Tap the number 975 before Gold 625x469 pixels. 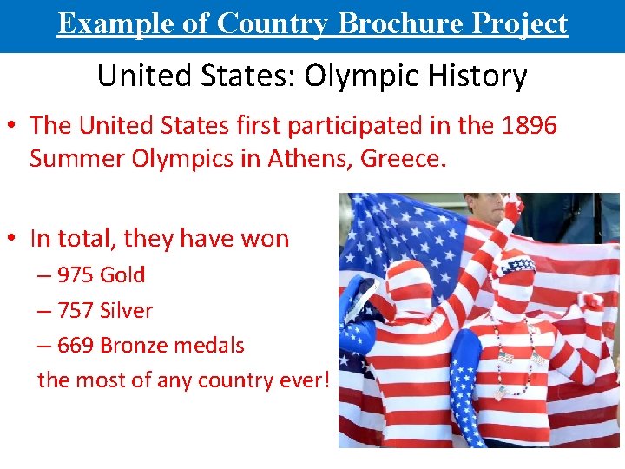coord(76,275)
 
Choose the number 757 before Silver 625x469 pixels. coord(76,311)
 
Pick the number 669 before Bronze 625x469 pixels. coord(76,346)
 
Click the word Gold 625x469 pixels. coord(122,275)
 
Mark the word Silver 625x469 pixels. coord(127,311)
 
